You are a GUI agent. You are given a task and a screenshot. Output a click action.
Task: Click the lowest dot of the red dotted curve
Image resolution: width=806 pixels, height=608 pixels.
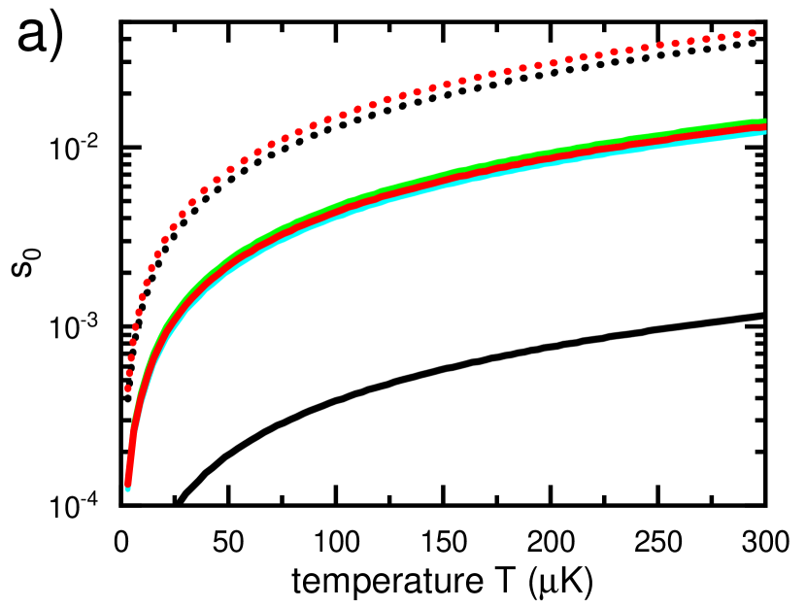[x=127, y=388]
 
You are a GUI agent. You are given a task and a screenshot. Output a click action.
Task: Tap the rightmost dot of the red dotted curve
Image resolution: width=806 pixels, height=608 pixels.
[x=752, y=33]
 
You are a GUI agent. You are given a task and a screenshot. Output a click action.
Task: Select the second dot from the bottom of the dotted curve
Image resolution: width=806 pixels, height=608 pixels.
[x=129, y=373]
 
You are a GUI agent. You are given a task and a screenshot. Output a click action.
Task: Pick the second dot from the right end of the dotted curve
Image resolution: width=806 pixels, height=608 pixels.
[x=737, y=35]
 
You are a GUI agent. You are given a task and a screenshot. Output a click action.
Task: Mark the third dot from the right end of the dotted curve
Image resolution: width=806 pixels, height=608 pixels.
[x=722, y=37]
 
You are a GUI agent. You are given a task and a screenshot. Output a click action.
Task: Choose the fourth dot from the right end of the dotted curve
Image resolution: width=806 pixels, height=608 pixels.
[x=706, y=39]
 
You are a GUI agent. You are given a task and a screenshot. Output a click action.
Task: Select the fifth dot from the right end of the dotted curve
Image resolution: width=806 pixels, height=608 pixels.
[x=690, y=41]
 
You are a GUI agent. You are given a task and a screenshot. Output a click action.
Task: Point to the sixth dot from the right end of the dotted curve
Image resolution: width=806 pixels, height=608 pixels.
[x=675, y=44]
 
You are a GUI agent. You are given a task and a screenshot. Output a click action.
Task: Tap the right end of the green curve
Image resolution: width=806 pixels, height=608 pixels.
[x=764, y=121]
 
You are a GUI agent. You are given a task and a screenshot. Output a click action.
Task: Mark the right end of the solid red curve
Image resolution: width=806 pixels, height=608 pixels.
[x=764, y=127]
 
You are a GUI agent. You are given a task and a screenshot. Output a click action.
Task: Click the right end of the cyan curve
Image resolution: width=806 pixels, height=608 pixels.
[x=764, y=132]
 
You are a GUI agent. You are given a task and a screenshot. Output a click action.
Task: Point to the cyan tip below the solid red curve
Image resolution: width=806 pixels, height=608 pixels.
[x=127, y=490]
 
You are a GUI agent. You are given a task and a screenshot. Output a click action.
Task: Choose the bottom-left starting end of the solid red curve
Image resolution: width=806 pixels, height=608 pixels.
[x=127, y=482]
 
